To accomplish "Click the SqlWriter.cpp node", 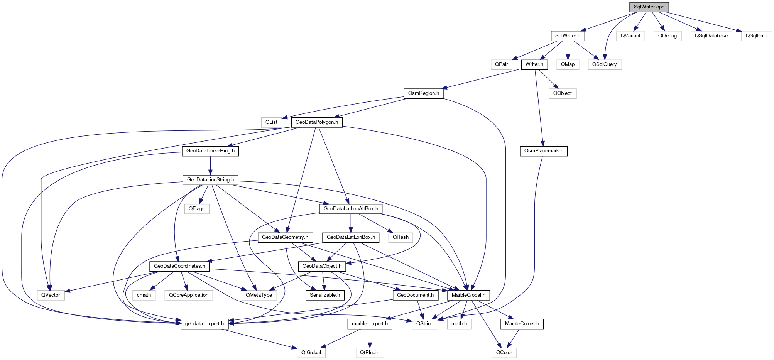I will pos(649,7).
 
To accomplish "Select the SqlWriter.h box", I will pos(568,36).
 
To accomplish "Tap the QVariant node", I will pos(630,36).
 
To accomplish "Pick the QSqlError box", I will pos(757,36).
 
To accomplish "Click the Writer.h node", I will pos(534,64).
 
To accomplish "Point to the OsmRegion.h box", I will pos(423,93).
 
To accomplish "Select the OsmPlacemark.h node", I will pos(544,151).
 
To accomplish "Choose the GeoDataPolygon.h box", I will pos(316,122).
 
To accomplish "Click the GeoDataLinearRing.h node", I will pos(210,151).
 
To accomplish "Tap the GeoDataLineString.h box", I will pos(210,180).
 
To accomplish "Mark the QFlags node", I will pos(197,209).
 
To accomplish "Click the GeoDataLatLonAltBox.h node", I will pos(351,209).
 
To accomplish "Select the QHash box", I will pos(401,237).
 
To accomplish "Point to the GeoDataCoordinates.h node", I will pos(179,266).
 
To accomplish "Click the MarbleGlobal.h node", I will pos(468,295).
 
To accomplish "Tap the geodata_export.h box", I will pos(204,324).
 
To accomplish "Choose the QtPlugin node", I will pos(370,353).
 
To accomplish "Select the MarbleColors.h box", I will pos(522,324).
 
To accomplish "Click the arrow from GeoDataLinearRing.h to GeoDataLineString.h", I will pos(210,166).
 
